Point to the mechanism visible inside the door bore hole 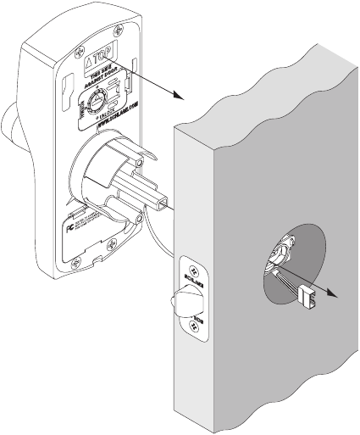click(282, 254)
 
